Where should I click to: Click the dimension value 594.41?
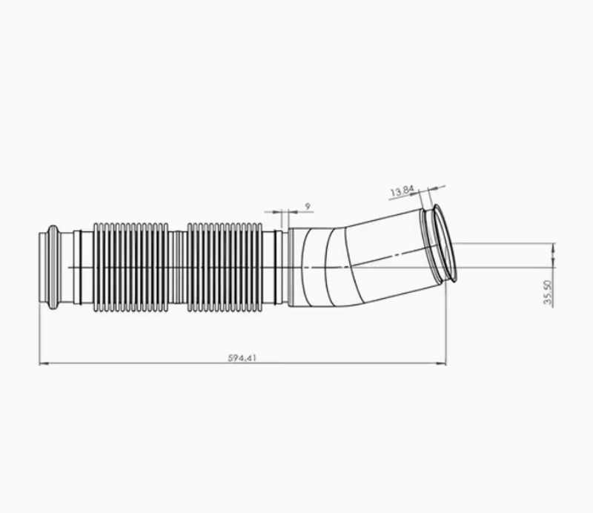click(x=242, y=357)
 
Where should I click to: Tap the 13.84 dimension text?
click(x=402, y=191)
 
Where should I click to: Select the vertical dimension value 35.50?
click(x=548, y=292)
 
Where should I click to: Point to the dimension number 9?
click(x=308, y=207)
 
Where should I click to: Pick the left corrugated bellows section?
click(x=131, y=267)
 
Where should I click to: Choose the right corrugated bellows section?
click(x=225, y=267)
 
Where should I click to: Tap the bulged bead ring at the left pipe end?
click(x=53, y=267)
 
